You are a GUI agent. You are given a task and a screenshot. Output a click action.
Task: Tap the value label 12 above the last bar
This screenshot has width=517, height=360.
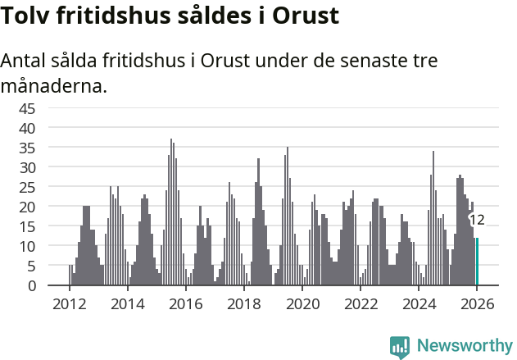[x=477, y=220]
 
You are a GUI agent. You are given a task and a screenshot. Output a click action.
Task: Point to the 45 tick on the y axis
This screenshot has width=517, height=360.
[x=27, y=108]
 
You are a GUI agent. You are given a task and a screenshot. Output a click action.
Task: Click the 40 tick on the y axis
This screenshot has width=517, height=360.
[x=27, y=128]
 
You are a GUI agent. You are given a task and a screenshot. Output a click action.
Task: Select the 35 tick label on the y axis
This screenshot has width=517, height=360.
[x=27, y=148]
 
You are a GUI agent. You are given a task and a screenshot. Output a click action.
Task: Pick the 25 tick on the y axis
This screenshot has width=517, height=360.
[x=27, y=187]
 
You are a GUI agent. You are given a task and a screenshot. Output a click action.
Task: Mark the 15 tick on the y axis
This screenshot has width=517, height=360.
[x=27, y=226]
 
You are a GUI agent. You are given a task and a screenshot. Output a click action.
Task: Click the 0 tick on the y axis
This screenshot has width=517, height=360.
[x=32, y=285]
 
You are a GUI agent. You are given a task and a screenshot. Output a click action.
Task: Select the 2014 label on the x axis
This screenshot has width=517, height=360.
[x=127, y=303]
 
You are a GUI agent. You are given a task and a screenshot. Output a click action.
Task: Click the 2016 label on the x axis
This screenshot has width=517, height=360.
[x=186, y=303]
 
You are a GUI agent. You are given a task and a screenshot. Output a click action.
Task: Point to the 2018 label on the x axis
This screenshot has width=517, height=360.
[x=244, y=303]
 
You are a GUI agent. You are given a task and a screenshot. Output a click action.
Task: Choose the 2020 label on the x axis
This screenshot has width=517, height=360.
[x=303, y=303]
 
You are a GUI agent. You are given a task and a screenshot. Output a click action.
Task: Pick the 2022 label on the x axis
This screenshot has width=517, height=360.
[x=361, y=303]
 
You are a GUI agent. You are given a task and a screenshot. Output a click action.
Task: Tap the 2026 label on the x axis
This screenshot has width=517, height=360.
[x=477, y=303]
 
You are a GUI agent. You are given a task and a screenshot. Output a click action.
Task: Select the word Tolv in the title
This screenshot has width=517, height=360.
[x=25, y=16]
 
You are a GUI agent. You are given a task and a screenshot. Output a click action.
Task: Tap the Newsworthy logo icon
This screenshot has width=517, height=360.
[x=400, y=346]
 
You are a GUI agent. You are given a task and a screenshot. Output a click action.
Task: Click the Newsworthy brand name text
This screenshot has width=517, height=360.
[x=464, y=346]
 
